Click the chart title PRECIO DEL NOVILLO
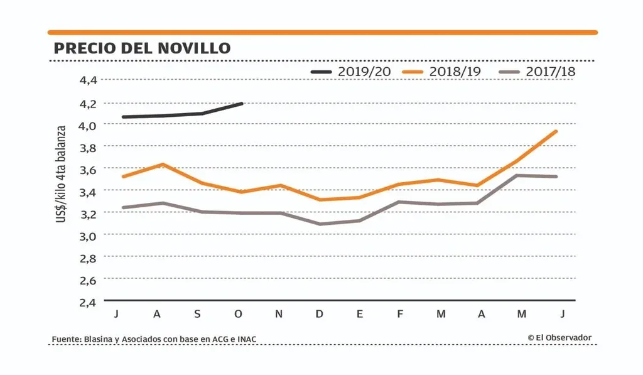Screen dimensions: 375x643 (x=142, y=48)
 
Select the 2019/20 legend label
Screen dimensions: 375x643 (x=364, y=72)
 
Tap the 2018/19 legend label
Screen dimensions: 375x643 (x=455, y=72)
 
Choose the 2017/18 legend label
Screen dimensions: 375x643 (x=550, y=72)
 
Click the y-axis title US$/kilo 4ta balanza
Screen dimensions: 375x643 (x=62, y=173)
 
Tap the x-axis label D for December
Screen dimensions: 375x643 (x=319, y=314)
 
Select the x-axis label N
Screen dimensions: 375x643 (x=279, y=314)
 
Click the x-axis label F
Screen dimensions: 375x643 (x=401, y=314)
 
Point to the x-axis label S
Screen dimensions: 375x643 (x=197, y=314)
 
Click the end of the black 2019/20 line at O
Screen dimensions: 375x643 (x=242, y=104)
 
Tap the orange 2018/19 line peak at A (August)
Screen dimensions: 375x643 (x=163, y=165)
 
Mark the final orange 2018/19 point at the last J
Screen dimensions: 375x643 (x=556, y=131)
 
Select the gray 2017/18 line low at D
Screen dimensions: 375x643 (x=319, y=224)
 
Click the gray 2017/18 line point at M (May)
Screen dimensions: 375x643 (x=516, y=175)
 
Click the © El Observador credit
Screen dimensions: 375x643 (x=559, y=338)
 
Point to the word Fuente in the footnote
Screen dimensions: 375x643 (x=65, y=340)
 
